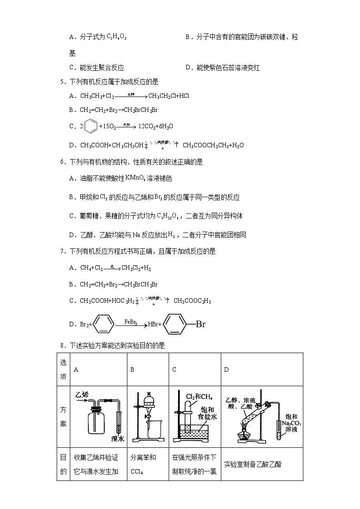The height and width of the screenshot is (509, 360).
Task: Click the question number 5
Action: point(62,82)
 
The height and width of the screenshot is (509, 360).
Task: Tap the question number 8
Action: point(62,345)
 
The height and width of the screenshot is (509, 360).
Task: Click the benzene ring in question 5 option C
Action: point(90,126)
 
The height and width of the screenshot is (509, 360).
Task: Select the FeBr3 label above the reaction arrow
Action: point(131,321)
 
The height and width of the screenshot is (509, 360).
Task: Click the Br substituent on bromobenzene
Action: point(200,324)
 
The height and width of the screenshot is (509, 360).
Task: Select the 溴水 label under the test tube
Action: point(118,439)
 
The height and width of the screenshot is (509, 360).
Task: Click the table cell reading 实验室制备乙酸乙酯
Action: point(253,464)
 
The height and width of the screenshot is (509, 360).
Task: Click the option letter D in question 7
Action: point(71,324)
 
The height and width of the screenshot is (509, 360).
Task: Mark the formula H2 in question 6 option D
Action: point(171,234)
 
